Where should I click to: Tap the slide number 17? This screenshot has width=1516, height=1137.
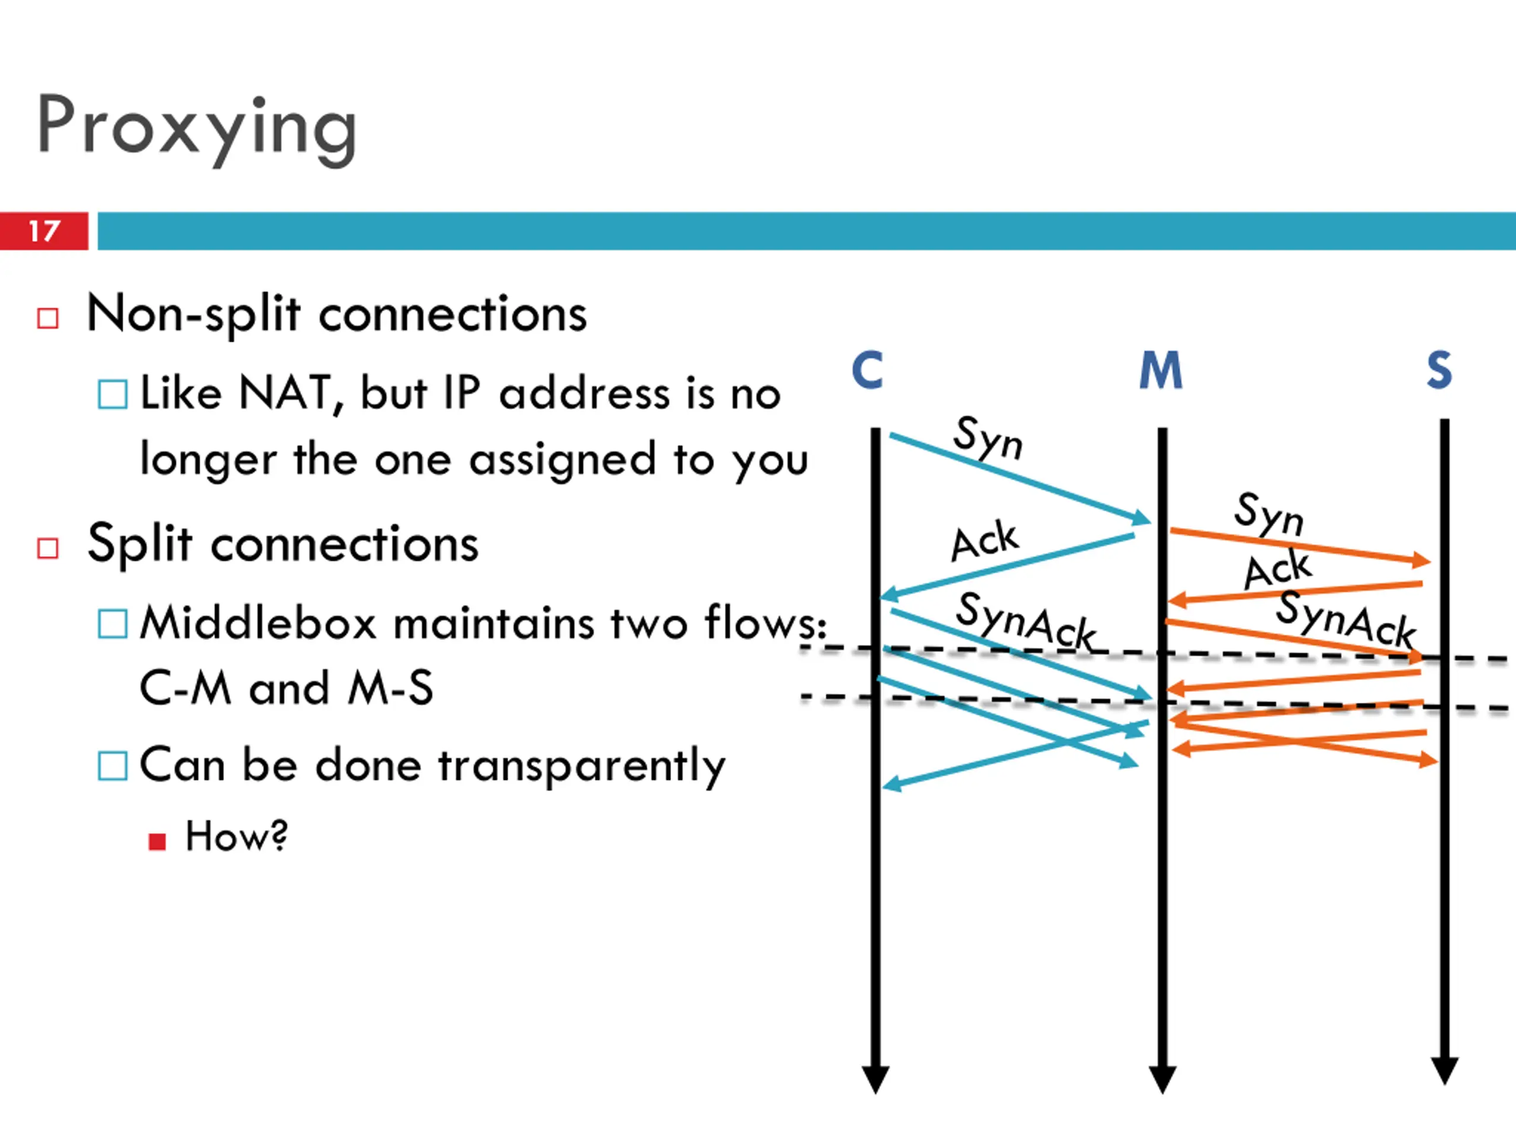click(x=44, y=231)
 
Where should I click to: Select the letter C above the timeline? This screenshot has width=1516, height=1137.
click(x=867, y=370)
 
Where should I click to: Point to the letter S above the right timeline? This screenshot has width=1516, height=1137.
click(x=1439, y=370)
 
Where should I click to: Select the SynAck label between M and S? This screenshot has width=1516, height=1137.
click(x=1346, y=620)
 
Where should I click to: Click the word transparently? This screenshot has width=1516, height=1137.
click(x=581, y=766)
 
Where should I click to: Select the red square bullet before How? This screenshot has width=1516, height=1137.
click(x=157, y=841)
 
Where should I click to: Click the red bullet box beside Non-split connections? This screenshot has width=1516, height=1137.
click(x=47, y=318)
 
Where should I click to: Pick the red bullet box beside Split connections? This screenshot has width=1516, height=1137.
click(x=47, y=548)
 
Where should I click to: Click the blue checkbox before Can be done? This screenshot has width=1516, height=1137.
click(x=113, y=766)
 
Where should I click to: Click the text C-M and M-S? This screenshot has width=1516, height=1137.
click(x=287, y=688)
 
